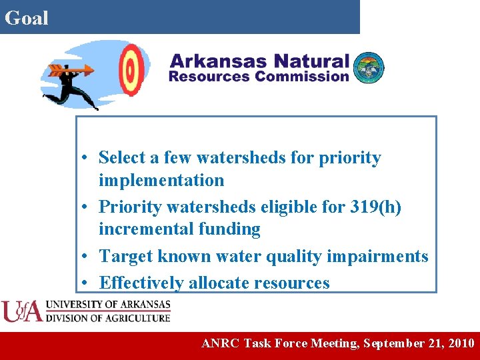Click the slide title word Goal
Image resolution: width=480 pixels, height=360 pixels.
click(x=27, y=18)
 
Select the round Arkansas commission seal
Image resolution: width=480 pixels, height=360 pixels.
click(x=369, y=68)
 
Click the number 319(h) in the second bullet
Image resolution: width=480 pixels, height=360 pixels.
click(x=375, y=207)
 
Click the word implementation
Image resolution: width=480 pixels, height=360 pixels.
click(x=161, y=180)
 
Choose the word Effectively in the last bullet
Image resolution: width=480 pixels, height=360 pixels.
click(x=141, y=283)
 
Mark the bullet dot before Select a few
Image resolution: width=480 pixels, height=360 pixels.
click(x=87, y=159)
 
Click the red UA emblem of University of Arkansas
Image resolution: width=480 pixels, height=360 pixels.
click(x=21, y=311)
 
